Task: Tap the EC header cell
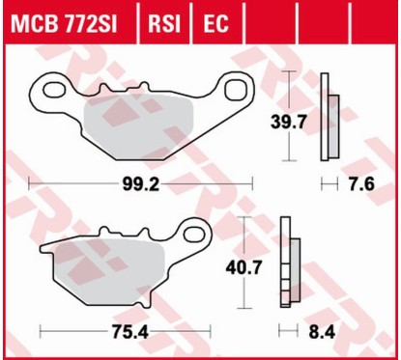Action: (x=214, y=20)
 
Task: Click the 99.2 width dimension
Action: (x=141, y=180)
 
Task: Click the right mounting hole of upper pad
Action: (x=236, y=90)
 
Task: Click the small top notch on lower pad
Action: (x=106, y=234)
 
